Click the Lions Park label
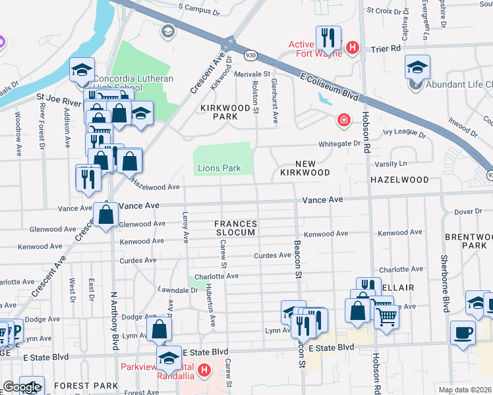point(219,169)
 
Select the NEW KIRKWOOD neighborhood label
point(303,168)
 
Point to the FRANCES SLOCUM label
point(235,228)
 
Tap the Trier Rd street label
point(386,49)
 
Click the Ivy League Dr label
point(391,132)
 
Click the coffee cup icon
point(462,332)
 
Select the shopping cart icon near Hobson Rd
point(386,317)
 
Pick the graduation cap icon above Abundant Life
point(418,67)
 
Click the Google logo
point(21,387)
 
